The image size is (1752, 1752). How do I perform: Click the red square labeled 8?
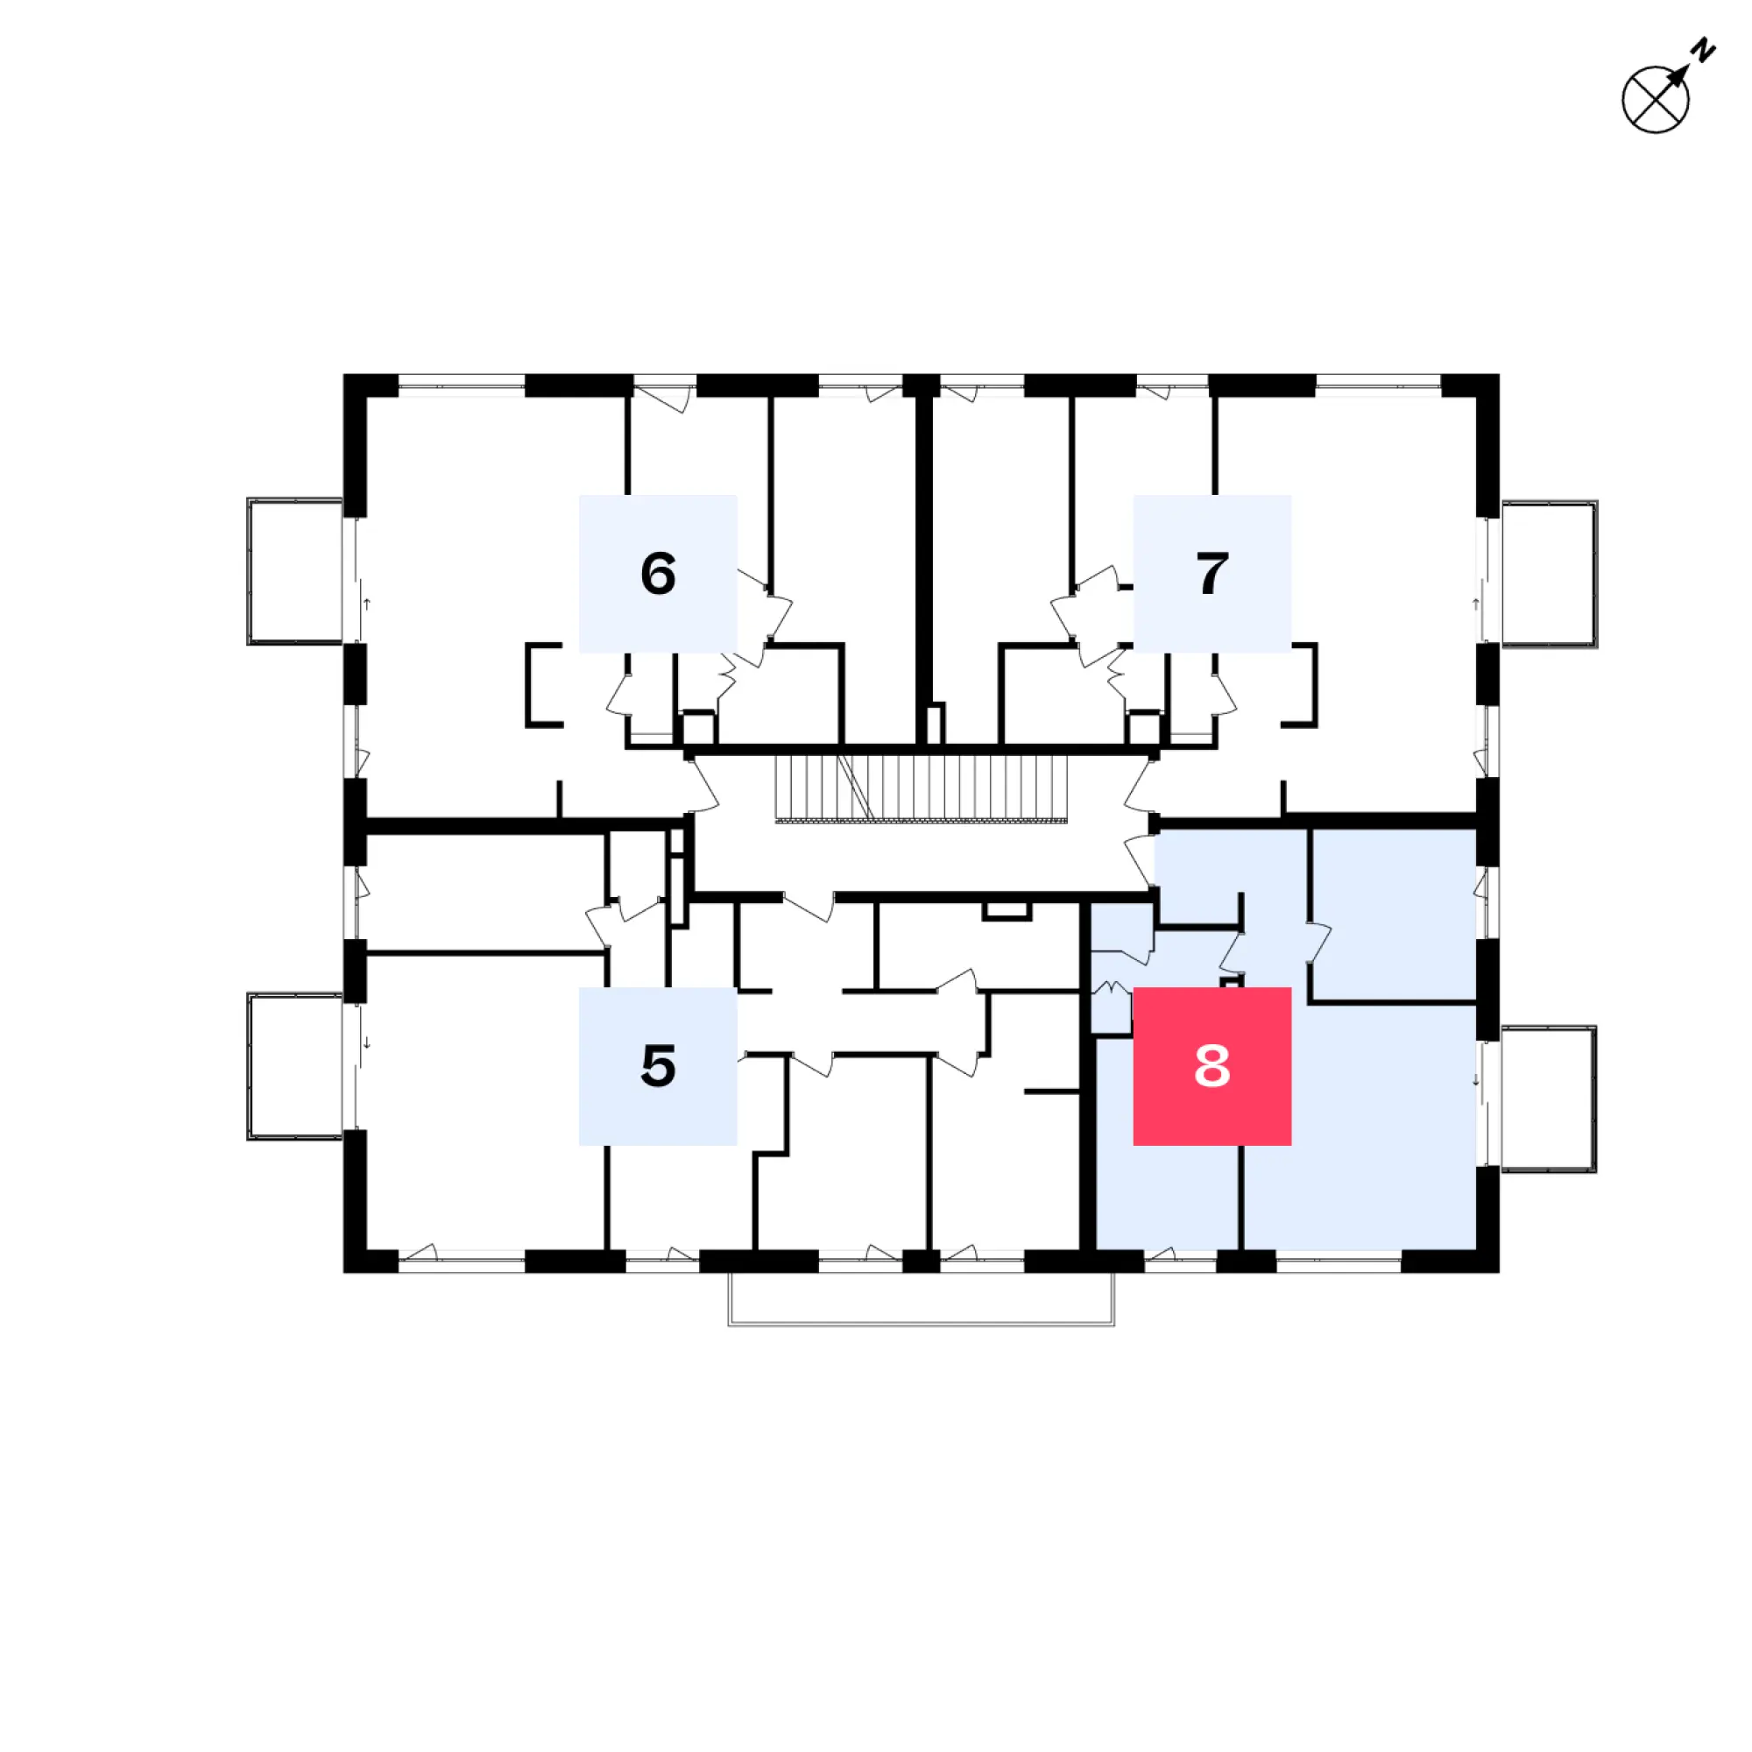pos(1212,1065)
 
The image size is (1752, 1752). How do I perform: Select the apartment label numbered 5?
pos(658,1065)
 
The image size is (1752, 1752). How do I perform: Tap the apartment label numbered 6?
pos(658,573)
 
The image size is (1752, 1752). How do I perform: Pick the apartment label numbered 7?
pos(1212,573)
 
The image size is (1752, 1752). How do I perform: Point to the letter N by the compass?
pos(1704,50)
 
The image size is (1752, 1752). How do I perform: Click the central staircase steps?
pos(922,788)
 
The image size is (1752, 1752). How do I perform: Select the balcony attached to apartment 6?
pos(295,571)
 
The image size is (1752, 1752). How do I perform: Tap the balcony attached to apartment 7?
pos(1549,573)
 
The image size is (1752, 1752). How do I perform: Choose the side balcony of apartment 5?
pos(295,1066)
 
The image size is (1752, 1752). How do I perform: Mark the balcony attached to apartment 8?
pos(1548,1099)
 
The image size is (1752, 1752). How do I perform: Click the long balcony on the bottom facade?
pos(922,1298)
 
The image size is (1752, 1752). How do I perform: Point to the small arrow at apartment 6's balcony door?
pos(367,603)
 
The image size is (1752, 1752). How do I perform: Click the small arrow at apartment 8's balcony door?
pos(1475,1079)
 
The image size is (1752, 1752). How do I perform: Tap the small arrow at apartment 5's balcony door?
pos(367,1042)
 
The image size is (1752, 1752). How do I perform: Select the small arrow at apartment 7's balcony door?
pos(1475,603)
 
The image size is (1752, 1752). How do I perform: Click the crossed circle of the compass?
pos(1655,100)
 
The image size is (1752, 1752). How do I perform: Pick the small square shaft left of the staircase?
pos(698,728)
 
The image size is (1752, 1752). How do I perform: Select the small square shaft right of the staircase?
pos(1143,728)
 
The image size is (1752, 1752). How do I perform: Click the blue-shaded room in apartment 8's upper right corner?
pos(1394,915)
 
